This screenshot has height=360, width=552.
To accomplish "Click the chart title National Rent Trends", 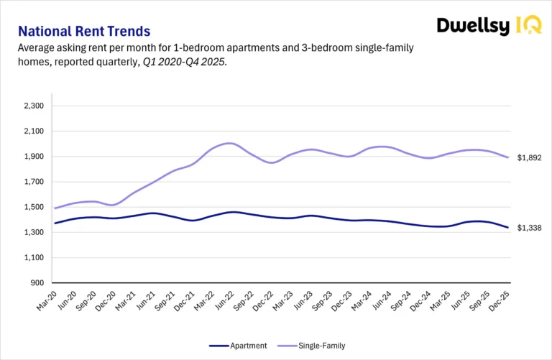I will tap(83, 32).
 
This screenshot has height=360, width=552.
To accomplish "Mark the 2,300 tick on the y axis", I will tap(34, 106).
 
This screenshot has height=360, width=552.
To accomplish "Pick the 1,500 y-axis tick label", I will tap(34, 207).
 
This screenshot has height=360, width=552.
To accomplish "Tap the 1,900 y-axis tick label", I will tap(34, 157).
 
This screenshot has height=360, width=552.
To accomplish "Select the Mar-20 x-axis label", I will tap(47, 302).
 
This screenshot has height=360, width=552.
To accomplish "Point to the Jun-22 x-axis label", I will tap(224, 302).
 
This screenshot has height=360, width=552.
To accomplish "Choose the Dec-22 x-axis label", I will tap(264, 302).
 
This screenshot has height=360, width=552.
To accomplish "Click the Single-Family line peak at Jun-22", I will tap(230, 143).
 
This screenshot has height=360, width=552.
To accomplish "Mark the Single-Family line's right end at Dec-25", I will tap(508, 157).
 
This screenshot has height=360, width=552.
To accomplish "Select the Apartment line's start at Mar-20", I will tap(55, 223).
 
